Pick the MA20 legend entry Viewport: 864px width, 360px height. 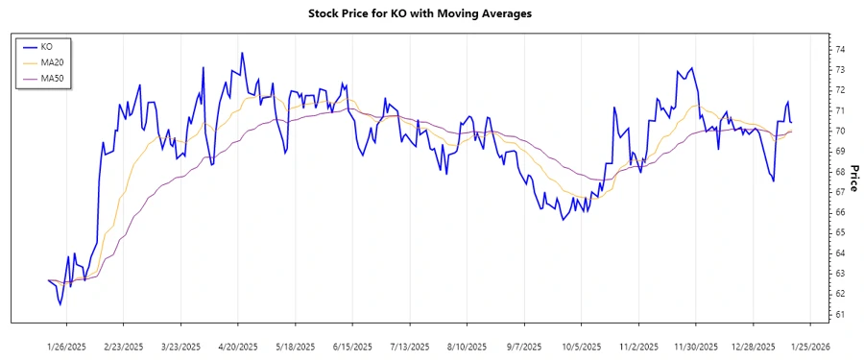tap(51, 61)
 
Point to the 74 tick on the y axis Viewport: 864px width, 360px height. tap(840, 49)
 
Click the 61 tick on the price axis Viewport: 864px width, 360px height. tap(840, 314)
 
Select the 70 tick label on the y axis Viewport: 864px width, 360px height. tap(840, 131)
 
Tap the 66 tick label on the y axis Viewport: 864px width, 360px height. tap(840, 212)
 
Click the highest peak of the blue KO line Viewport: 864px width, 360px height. tap(242, 53)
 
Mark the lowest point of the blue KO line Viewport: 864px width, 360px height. tap(60, 304)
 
